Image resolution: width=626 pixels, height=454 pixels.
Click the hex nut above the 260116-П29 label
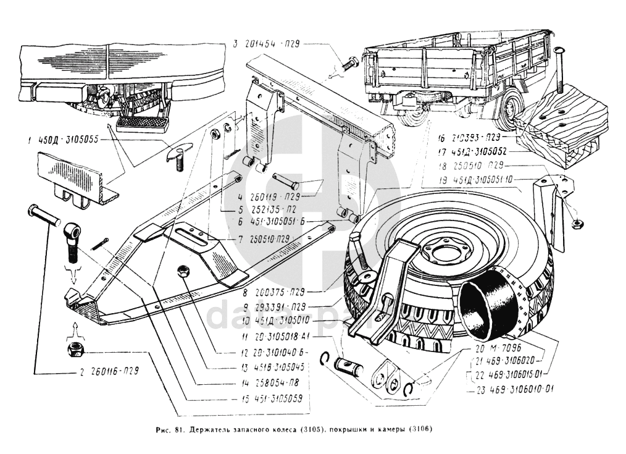click(x=75, y=350)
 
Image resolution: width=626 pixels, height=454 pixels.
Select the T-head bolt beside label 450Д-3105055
click(x=179, y=156)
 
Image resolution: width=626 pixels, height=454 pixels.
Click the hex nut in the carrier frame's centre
click(x=183, y=270)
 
